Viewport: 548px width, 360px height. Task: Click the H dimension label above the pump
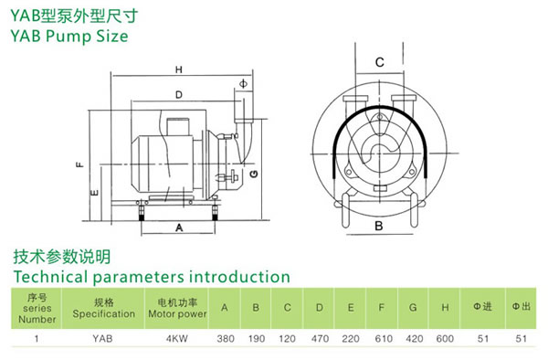(179, 70)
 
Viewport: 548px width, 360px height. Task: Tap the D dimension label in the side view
(179, 95)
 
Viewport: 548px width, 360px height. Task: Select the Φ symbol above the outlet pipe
(243, 84)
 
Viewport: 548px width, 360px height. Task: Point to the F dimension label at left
(80, 164)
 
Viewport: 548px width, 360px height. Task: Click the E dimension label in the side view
(94, 193)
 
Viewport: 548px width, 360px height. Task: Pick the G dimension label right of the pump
(254, 174)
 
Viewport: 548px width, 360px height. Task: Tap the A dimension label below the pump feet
(179, 228)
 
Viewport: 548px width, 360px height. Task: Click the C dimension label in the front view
(380, 62)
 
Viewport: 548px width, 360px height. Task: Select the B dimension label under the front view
(379, 226)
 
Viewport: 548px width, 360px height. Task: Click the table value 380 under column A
(226, 339)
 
